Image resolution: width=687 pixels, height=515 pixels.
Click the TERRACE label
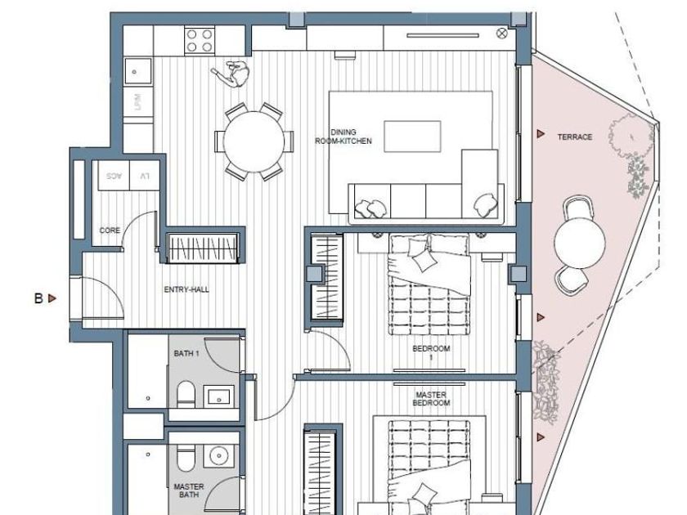coord(574,137)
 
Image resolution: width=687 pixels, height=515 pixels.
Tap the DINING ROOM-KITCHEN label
coord(343,137)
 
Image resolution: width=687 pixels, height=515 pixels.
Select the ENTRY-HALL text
coord(186,289)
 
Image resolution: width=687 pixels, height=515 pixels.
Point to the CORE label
coord(110,231)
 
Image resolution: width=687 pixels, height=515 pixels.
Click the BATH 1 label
coord(186,353)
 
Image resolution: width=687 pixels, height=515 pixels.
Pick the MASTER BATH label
coord(189,491)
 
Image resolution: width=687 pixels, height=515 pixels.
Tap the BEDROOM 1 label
coord(431,353)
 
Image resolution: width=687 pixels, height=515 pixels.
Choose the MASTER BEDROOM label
coord(432,399)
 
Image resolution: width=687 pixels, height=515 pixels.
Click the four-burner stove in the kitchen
coord(200,40)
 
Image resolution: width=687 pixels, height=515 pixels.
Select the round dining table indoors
coord(254,142)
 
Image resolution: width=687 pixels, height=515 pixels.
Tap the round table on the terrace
coord(580,243)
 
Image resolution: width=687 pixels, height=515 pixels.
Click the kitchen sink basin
coord(138,71)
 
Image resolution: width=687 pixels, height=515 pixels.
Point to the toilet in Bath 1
coord(186,394)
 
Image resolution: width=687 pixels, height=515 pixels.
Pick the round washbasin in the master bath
coord(218,456)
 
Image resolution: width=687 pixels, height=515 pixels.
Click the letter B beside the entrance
coord(38,298)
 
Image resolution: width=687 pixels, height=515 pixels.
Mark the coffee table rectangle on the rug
coord(412,137)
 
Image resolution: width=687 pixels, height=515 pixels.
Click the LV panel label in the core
coord(145,176)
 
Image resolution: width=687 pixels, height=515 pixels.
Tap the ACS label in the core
coord(114,176)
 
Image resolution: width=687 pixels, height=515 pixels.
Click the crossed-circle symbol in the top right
coord(502,34)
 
